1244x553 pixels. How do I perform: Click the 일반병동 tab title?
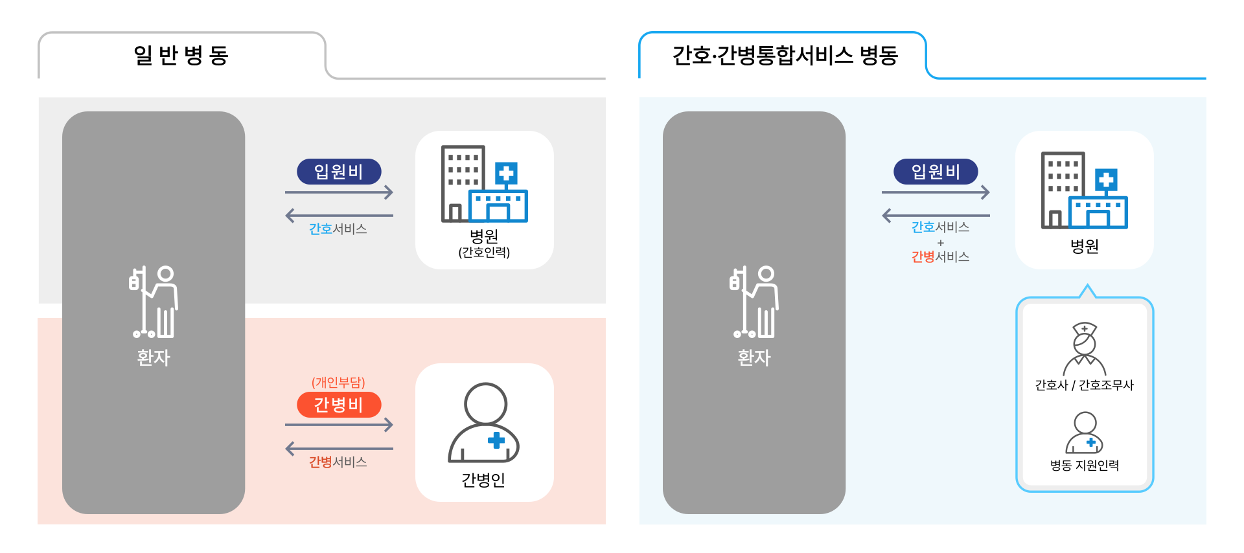[x=181, y=56]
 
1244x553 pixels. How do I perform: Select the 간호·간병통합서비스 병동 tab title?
[x=785, y=56]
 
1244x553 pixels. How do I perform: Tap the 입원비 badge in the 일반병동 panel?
[x=339, y=172]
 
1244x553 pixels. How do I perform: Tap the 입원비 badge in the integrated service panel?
[x=936, y=172]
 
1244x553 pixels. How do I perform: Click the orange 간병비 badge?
[x=339, y=405]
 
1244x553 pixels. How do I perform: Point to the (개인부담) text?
[x=338, y=383]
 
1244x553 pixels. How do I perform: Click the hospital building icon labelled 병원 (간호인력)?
[x=484, y=184]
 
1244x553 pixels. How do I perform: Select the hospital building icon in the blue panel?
[x=1084, y=190]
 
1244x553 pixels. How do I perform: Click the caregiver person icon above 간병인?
[x=484, y=423]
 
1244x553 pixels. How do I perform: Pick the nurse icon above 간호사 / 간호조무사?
[x=1085, y=349]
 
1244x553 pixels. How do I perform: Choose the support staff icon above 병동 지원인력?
[x=1085, y=433]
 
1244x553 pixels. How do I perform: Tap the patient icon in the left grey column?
[x=154, y=302]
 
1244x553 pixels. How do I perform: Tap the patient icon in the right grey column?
[x=754, y=302]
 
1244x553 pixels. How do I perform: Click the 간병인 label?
[x=483, y=480]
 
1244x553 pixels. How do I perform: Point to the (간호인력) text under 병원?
[x=484, y=253]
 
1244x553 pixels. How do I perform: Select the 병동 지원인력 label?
[x=1085, y=466]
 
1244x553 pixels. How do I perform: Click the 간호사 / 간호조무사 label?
[x=1085, y=385]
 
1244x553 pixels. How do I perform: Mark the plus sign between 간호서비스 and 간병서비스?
[x=941, y=243]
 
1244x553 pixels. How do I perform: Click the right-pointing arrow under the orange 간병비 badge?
[x=339, y=425]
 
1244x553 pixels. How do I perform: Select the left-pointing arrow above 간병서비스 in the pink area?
[x=339, y=448]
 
